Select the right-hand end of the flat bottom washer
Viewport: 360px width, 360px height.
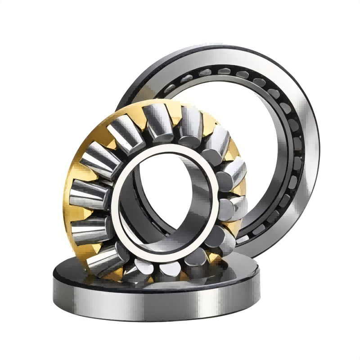(x=256, y=288)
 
